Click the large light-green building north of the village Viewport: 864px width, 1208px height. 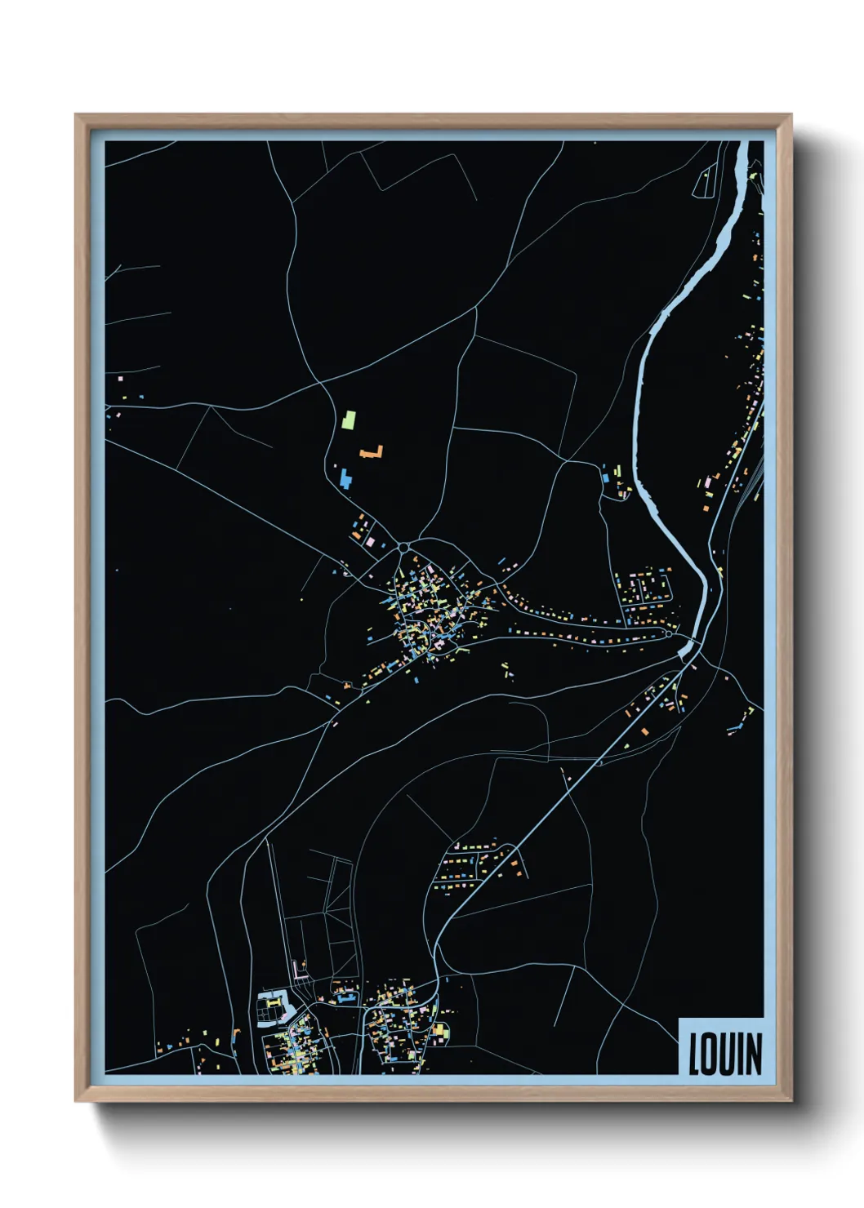tap(349, 420)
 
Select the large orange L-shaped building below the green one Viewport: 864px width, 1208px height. tap(372, 451)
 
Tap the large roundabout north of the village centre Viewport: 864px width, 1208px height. tap(404, 546)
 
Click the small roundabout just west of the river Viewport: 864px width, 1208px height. tap(669, 633)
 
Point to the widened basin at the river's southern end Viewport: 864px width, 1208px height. tap(689, 650)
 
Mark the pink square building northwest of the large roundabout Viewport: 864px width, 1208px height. tap(369, 541)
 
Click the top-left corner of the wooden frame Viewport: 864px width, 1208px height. tap(77, 116)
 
